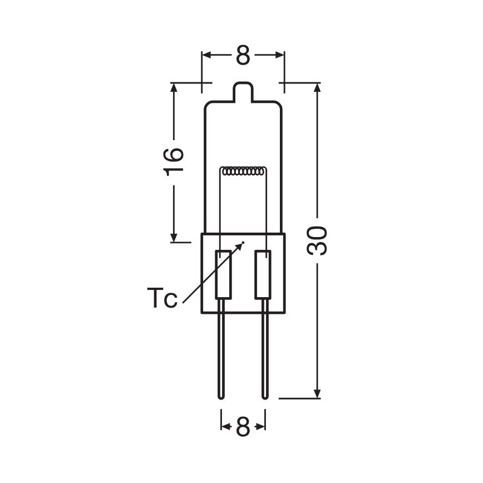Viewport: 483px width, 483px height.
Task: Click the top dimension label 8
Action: (x=243, y=55)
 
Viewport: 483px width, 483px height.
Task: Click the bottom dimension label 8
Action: (x=243, y=427)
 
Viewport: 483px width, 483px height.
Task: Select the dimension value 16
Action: (x=175, y=162)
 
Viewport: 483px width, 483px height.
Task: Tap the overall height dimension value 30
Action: (x=318, y=240)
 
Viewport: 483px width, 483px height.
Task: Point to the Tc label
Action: (x=162, y=298)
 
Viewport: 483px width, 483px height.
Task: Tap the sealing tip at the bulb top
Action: (x=243, y=92)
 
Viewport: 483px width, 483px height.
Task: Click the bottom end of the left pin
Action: (x=221, y=396)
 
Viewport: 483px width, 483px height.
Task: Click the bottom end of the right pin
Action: (x=264, y=396)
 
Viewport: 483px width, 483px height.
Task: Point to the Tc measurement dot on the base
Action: (x=243, y=243)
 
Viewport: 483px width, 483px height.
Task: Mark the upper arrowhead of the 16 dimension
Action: (x=175, y=88)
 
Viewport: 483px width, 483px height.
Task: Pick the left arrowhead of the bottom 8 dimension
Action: (x=225, y=427)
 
